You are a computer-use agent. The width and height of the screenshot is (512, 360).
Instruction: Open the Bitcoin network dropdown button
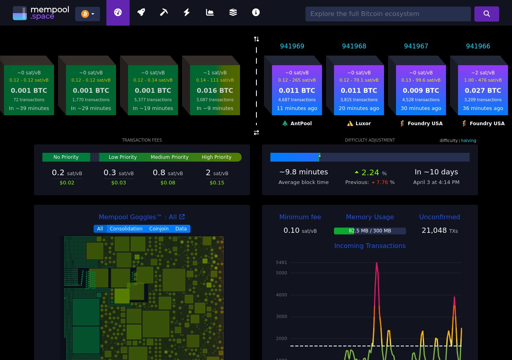click(x=88, y=14)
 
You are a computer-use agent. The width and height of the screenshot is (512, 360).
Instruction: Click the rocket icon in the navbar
click(x=141, y=12)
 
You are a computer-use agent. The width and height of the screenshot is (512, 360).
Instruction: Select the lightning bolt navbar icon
click(x=186, y=12)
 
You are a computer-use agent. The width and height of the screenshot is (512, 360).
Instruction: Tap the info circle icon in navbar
click(x=256, y=12)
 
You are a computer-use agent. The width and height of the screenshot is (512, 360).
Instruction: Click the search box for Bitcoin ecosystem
click(x=388, y=14)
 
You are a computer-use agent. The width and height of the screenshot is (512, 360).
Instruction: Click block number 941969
click(x=292, y=46)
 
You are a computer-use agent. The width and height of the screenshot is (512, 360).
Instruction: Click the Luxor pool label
click(x=359, y=124)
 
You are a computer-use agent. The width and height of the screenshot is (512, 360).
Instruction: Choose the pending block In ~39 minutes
click(x=29, y=90)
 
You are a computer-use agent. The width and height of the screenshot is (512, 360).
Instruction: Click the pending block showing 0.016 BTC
click(x=215, y=90)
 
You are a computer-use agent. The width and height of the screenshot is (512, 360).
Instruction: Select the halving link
click(x=468, y=141)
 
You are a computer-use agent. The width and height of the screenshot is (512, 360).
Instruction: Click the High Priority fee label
click(x=216, y=157)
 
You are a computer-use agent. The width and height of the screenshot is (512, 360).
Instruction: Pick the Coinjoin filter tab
click(x=159, y=229)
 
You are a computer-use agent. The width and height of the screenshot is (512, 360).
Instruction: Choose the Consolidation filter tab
click(x=126, y=229)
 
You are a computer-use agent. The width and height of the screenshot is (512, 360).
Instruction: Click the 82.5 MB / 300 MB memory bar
click(x=370, y=231)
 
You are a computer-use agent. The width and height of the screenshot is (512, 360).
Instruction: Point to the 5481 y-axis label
click(x=281, y=262)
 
